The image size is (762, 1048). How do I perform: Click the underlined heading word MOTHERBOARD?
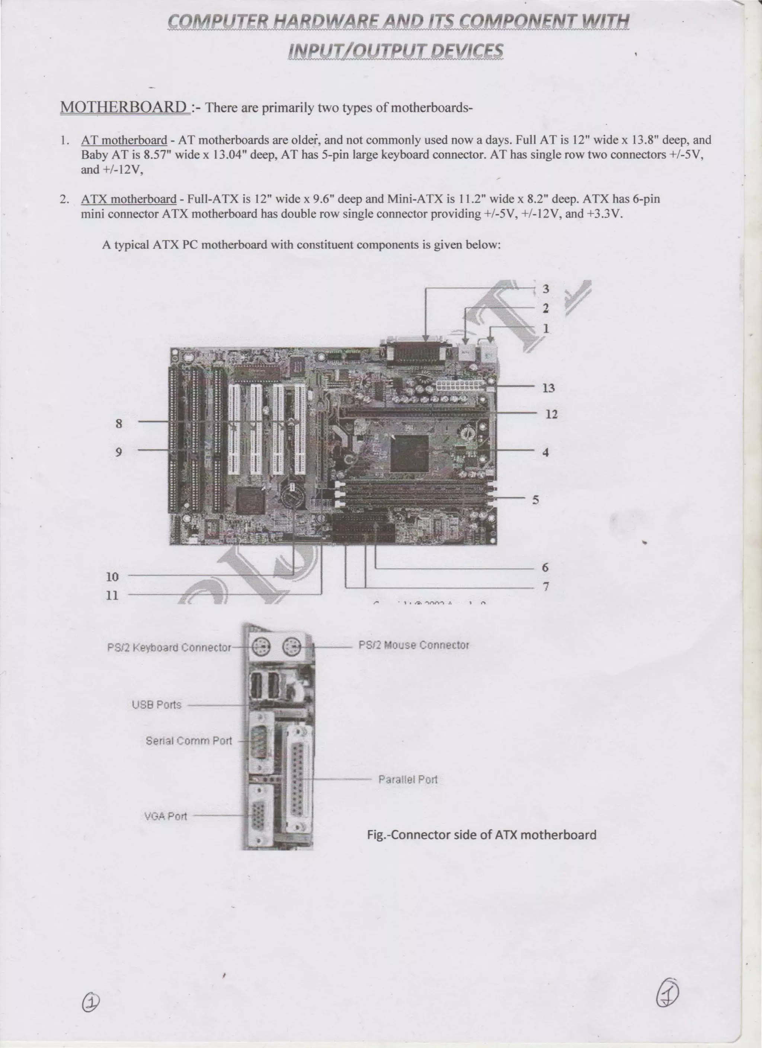(x=124, y=107)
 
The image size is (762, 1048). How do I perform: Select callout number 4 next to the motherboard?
(x=545, y=452)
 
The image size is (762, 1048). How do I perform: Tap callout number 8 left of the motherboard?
(x=119, y=423)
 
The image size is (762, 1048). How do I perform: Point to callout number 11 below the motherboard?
(x=112, y=595)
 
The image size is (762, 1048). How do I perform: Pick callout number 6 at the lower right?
(x=545, y=567)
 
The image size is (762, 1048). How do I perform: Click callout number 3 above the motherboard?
(x=546, y=289)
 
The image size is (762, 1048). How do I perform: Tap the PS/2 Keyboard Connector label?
(x=169, y=647)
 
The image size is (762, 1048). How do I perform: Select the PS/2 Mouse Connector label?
(x=414, y=645)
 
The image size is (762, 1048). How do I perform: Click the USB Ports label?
(x=157, y=705)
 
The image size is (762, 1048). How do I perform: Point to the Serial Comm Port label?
(x=189, y=741)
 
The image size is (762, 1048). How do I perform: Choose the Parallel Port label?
(x=408, y=780)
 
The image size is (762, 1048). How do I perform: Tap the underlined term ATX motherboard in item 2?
(x=129, y=199)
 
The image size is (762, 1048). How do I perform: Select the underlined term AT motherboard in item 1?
(x=124, y=140)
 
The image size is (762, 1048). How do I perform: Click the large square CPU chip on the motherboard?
(x=410, y=453)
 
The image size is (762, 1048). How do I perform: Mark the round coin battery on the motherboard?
(x=292, y=496)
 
